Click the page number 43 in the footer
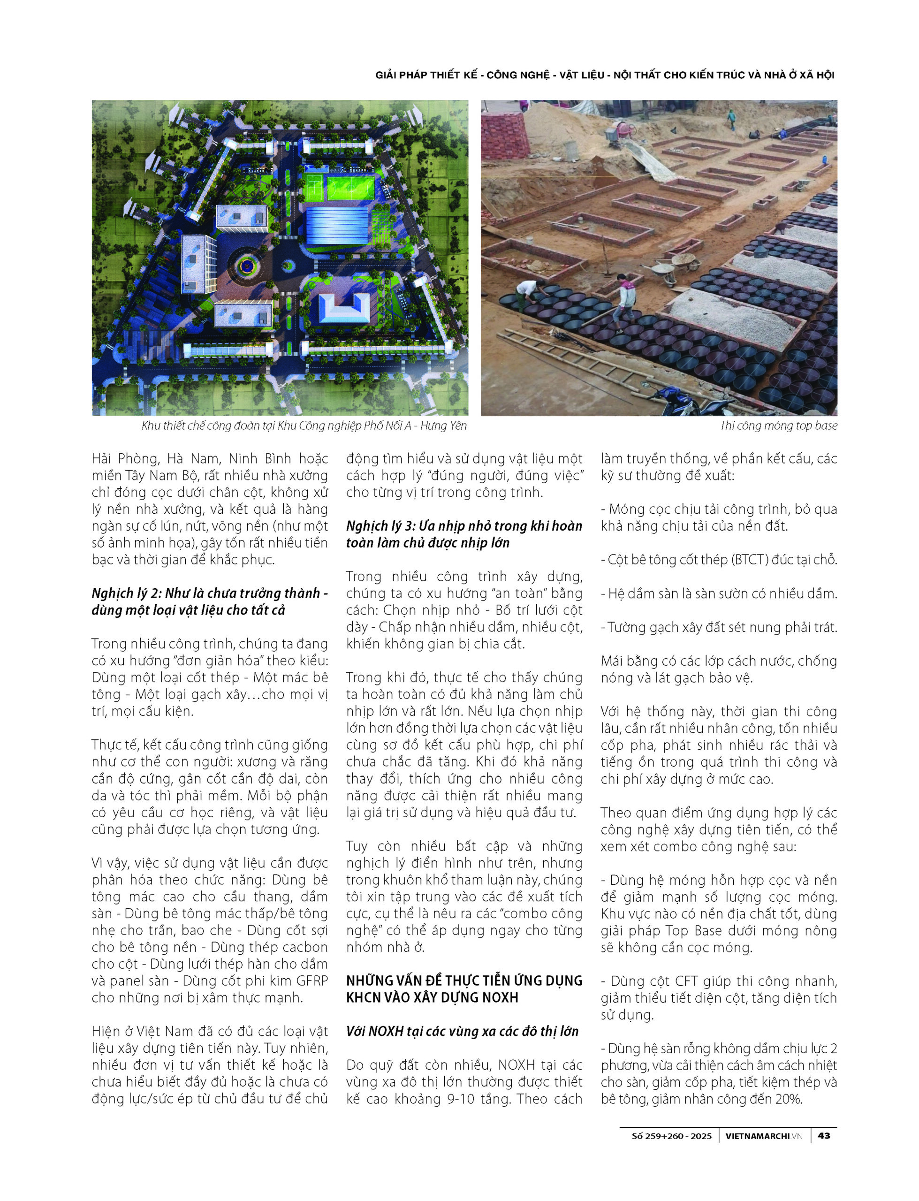tap(823, 1136)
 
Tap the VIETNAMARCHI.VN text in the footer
tap(764, 1136)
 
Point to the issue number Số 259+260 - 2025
tap(672, 1136)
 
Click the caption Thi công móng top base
tap(778, 426)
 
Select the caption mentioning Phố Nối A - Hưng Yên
tap(304, 426)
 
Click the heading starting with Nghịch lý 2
tap(210, 601)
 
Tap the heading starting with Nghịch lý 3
tap(464, 534)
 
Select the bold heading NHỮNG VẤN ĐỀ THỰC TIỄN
tap(464, 989)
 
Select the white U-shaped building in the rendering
tap(343, 308)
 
